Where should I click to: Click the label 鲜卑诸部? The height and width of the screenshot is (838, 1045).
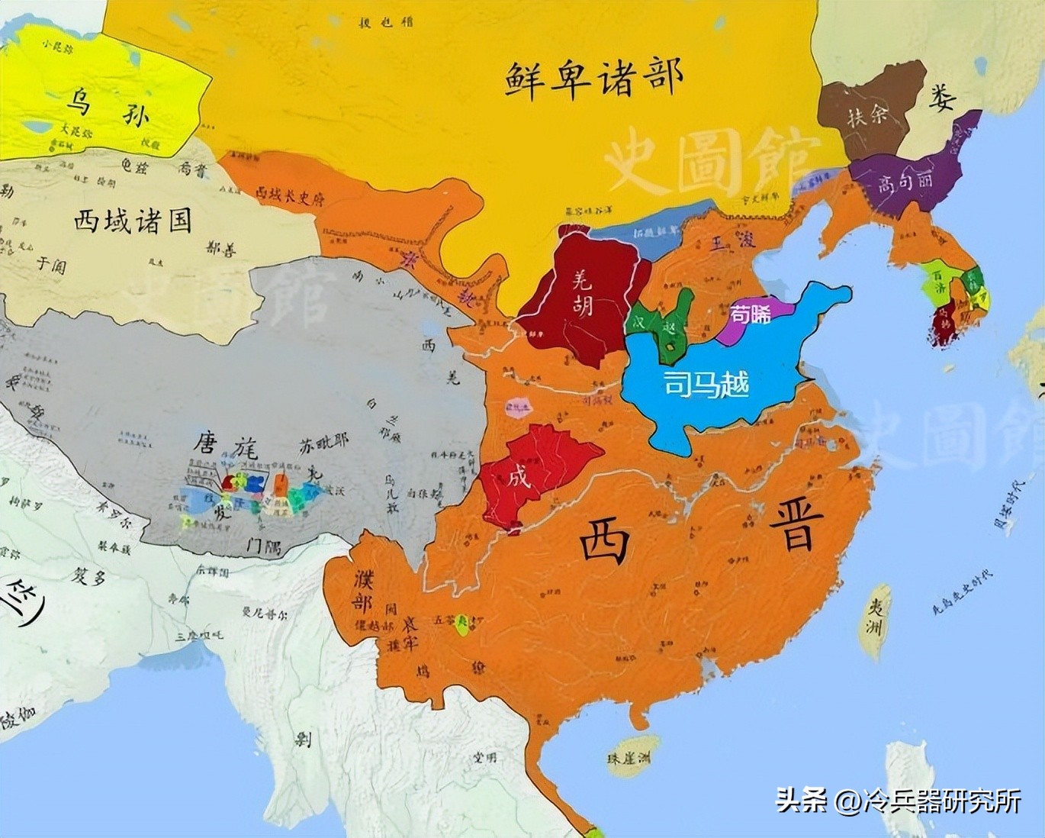[593, 79]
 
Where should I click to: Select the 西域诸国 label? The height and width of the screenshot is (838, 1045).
[132, 221]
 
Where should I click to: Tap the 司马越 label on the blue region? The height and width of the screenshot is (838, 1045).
[706, 383]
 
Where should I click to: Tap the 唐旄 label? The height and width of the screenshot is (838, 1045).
[224, 444]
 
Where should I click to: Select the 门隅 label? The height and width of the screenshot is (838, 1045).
[259, 546]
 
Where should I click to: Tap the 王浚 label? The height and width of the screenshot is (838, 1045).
[733, 243]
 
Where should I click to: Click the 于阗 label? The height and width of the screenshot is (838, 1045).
[52, 265]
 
